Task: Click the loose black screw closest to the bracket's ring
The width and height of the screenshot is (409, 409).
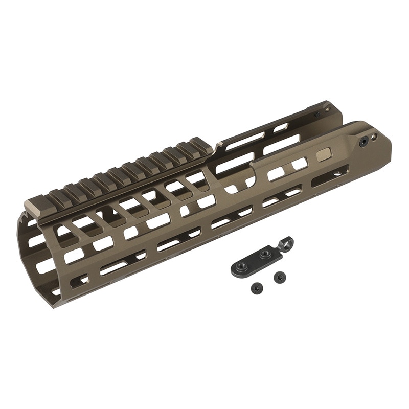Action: pos(280,277)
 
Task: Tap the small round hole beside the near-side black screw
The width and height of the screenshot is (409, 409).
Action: pos(374,138)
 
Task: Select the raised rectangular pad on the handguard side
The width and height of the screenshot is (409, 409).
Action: pos(324,154)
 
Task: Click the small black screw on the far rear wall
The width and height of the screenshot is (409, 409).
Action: pos(317,115)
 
